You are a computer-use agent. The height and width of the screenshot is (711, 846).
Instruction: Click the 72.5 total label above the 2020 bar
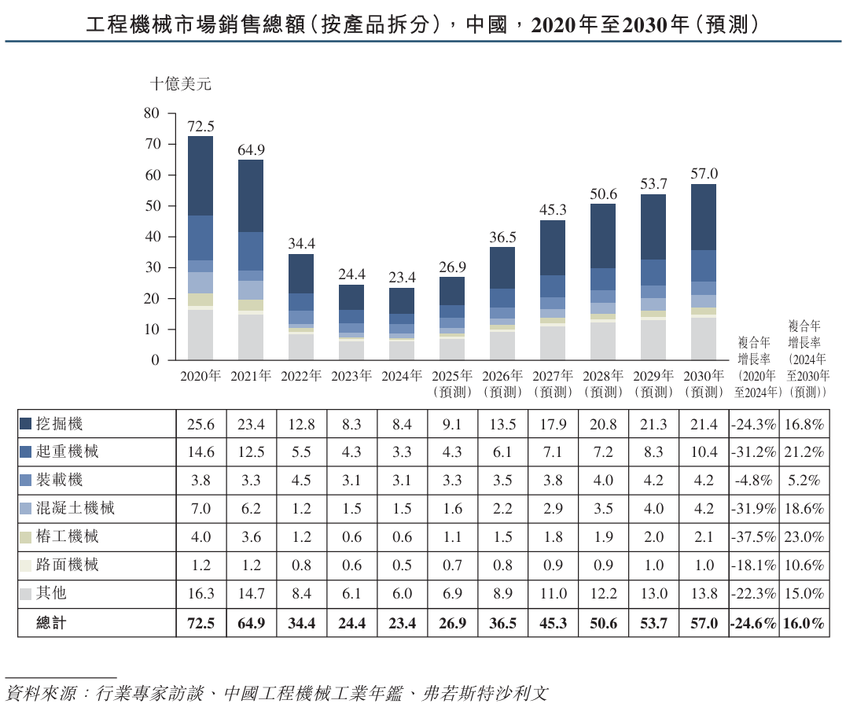coord(200,126)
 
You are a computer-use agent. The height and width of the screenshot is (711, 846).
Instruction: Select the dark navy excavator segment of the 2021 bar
coord(251,195)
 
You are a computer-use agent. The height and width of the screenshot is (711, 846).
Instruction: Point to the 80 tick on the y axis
coord(152,113)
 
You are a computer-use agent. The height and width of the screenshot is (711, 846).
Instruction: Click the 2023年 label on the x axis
coord(351,376)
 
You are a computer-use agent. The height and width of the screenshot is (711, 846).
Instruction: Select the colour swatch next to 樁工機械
coord(26,537)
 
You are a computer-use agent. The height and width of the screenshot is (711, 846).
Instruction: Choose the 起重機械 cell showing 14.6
coord(201,453)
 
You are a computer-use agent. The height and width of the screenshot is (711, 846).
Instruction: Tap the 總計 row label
coord(52,623)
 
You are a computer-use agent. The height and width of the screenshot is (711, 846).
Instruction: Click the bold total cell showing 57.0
coord(704,623)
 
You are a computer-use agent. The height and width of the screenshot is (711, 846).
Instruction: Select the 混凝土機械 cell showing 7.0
coord(201,509)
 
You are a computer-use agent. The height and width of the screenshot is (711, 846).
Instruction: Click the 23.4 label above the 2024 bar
coord(402,278)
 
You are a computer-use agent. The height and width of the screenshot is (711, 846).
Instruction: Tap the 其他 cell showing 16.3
coord(201,594)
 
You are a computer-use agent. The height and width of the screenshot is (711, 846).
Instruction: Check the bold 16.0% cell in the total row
coord(804,623)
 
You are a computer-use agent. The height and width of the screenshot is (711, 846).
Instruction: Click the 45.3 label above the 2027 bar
coord(553,210)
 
